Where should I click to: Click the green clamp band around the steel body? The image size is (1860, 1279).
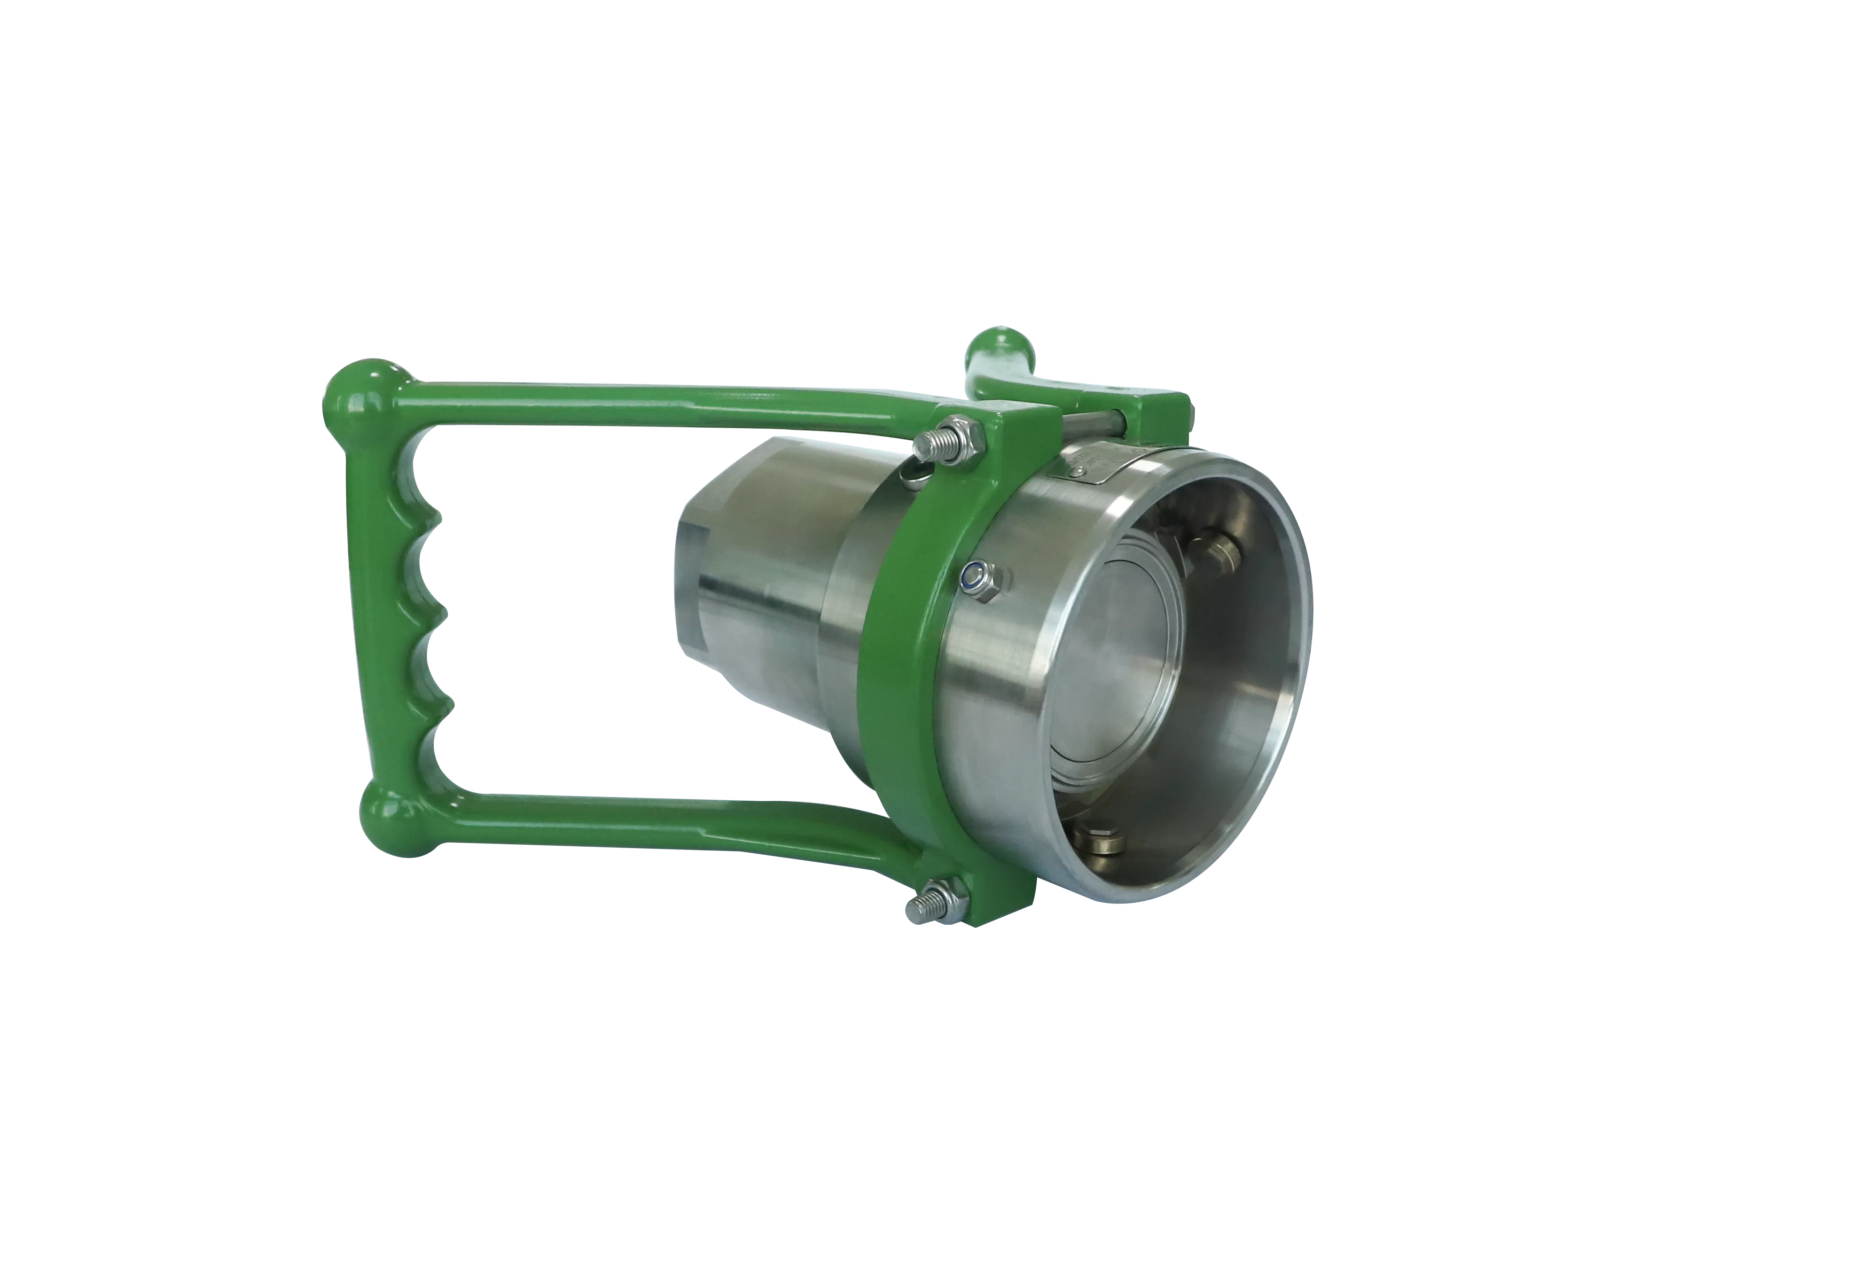[906, 681]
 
